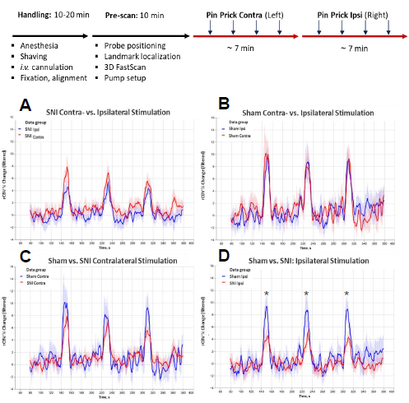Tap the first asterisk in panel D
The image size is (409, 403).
(x=267, y=294)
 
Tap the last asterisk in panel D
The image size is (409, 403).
(x=346, y=294)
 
